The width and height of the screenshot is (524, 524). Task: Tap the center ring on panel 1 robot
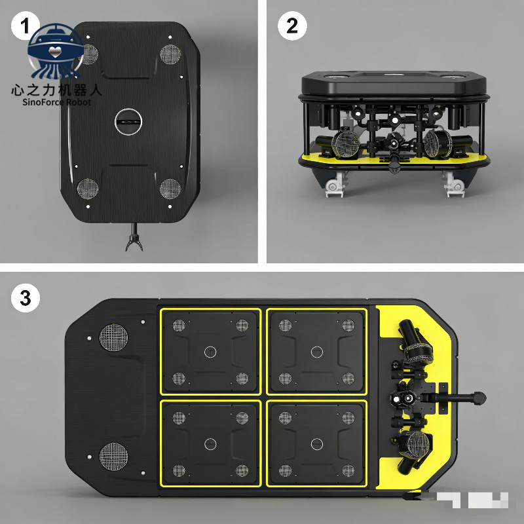coord(128,121)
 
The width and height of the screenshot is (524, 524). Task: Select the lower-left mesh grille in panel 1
coord(88,189)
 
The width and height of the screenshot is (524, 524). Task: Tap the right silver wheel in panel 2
coord(454,187)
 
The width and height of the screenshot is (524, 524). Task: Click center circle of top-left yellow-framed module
coord(210,352)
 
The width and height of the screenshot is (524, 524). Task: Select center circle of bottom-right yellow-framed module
coord(317,444)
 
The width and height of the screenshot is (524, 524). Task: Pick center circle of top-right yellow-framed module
coord(317,352)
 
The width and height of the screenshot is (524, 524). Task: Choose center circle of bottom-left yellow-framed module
coord(210,444)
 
